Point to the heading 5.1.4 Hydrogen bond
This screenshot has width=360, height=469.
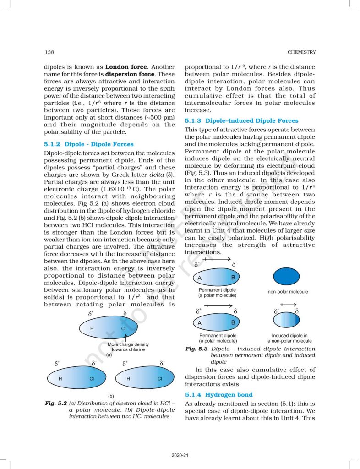[x=218, y=394]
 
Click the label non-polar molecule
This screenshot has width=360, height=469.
[x=288, y=292]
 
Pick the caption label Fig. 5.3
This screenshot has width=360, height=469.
[x=197, y=349]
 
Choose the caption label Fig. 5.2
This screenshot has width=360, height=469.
[x=56, y=403]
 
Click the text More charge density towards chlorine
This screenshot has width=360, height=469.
[x=128, y=347]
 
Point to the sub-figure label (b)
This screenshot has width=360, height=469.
[x=111, y=395]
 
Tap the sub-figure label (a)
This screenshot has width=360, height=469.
[x=109, y=355]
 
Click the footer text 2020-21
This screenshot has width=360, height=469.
[x=180, y=455]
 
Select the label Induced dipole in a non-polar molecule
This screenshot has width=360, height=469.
[x=289, y=338]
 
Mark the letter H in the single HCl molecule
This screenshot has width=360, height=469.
[x=92, y=329]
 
